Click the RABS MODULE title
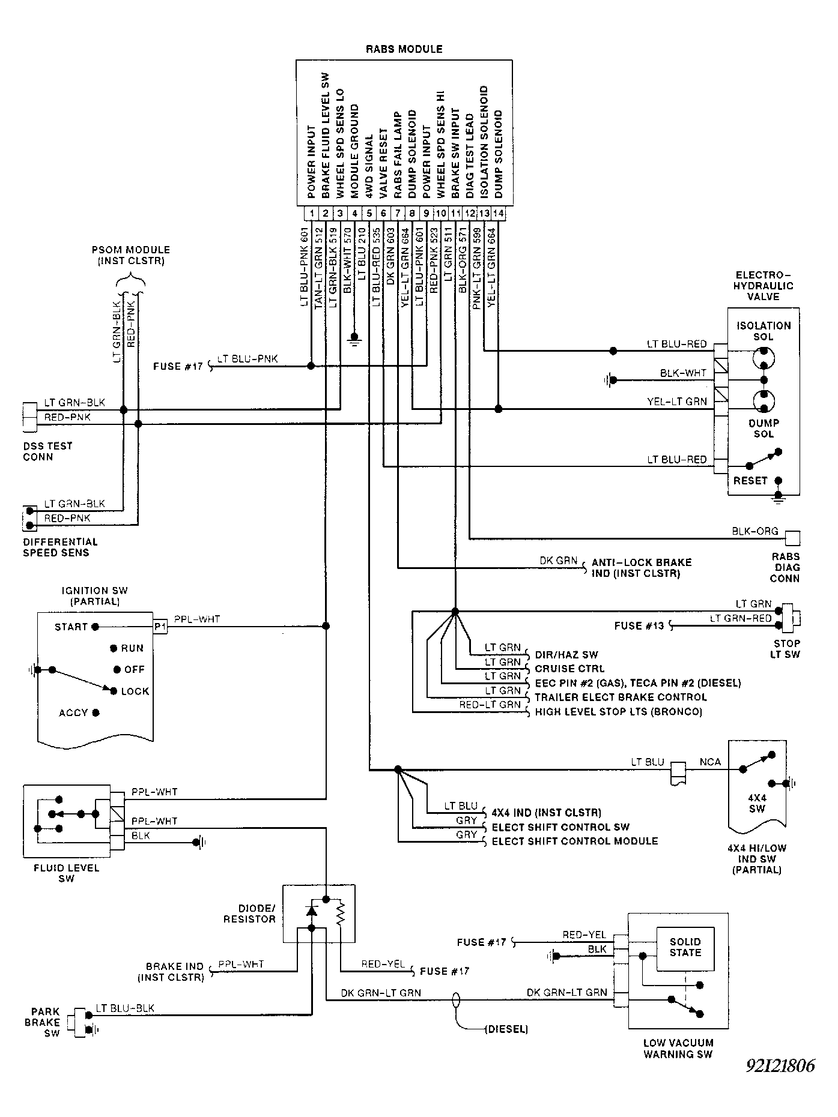click(x=404, y=49)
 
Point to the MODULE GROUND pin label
click(x=355, y=151)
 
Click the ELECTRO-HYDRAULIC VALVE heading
click(x=763, y=285)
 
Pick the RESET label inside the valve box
click(x=750, y=481)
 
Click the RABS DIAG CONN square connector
click(x=793, y=538)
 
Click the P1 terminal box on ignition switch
click(x=160, y=627)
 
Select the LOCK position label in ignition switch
click(x=135, y=691)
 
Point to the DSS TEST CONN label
click(x=47, y=451)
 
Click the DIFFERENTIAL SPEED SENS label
click(x=60, y=547)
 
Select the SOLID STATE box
click(x=685, y=949)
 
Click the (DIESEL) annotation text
click(x=506, y=1029)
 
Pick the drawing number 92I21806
click(x=780, y=1066)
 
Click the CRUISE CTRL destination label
click(x=569, y=669)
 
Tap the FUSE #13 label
click(x=639, y=626)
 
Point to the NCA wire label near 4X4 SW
click(x=710, y=762)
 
